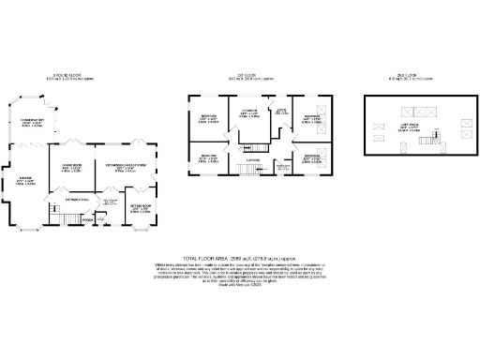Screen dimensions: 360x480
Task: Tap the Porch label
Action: pos(88,222)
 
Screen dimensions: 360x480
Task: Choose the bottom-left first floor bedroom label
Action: pos(208,158)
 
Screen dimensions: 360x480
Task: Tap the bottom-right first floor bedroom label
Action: pos(312,158)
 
